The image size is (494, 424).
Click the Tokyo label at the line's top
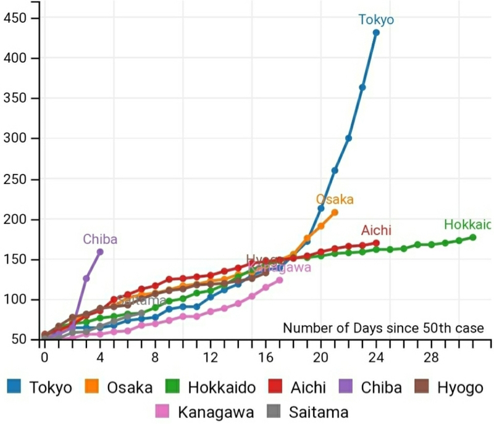tap(376, 20)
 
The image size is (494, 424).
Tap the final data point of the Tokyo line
tap(376, 33)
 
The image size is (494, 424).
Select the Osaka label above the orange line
tap(335, 199)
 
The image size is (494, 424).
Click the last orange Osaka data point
tap(335, 212)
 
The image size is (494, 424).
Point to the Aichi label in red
tap(377, 231)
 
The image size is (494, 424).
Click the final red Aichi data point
tap(376, 243)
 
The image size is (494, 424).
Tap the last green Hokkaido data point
tap(473, 237)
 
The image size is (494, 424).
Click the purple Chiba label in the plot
tap(100, 239)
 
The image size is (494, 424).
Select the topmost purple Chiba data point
tap(100, 252)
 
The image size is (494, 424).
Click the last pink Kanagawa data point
tap(280, 280)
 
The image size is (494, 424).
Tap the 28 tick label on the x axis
tap(432, 357)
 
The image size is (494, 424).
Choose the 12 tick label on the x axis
tap(211, 357)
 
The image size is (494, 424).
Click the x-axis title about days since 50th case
tap(383, 328)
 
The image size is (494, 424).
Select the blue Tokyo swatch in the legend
tap(15, 387)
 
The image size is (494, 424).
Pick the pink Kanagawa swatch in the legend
tap(164, 411)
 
